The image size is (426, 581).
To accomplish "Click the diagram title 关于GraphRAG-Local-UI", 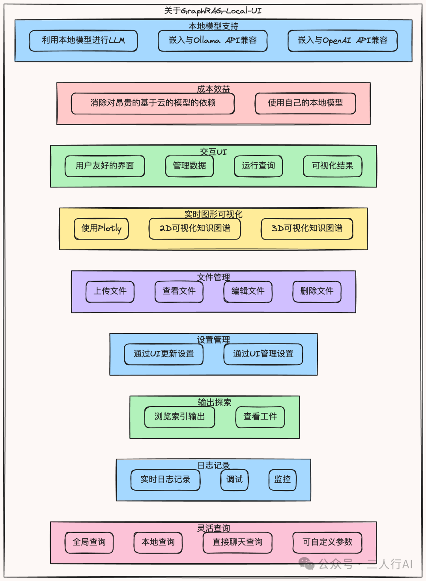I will tap(213, 11).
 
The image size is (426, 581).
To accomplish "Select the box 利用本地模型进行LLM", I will tap(83, 41).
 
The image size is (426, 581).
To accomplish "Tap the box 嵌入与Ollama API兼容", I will tap(213, 41).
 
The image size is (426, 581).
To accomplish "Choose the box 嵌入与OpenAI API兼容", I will tap(342, 41).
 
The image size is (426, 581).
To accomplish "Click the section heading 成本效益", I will tap(213, 89).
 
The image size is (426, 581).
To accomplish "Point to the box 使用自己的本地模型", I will tap(305, 103).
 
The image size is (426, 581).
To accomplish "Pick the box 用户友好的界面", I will tap(105, 166).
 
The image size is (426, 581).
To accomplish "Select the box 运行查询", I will tap(258, 166).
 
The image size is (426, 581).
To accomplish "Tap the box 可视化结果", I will tap(333, 166).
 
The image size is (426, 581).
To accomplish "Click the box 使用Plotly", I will tap(101, 229).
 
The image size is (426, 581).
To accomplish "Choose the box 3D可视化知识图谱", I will tap(307, 229).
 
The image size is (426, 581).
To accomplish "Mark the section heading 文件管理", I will tap(213, 277).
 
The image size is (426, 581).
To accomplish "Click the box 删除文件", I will tap(317, 291).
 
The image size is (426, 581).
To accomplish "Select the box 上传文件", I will tap(110, 291).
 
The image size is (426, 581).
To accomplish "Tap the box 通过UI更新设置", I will tap(164, 354).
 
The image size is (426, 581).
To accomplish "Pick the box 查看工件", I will tap(260, 417).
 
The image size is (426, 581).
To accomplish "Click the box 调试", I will tap(234, 480).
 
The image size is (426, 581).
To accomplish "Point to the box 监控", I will tap(282, 480).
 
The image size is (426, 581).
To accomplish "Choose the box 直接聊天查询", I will tap(237, 542).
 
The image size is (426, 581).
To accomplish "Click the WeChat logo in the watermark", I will tap(306, 563).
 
